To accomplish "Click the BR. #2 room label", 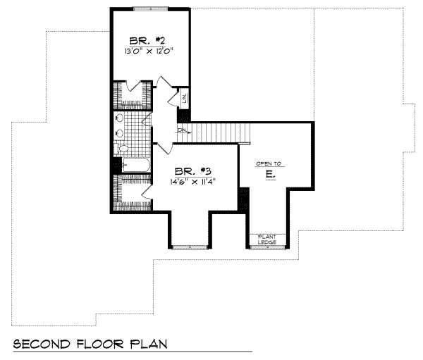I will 147,39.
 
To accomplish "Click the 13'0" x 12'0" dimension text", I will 147,51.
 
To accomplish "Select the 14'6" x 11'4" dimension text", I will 191,181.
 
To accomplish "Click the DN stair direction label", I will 182,130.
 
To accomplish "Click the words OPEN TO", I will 269,163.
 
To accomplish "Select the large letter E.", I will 269,173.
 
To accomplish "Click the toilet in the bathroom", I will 121,149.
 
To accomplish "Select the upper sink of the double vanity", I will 120,118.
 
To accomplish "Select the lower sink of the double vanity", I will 120,132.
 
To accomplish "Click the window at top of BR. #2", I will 149,8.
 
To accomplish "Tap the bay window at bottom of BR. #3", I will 187,247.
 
